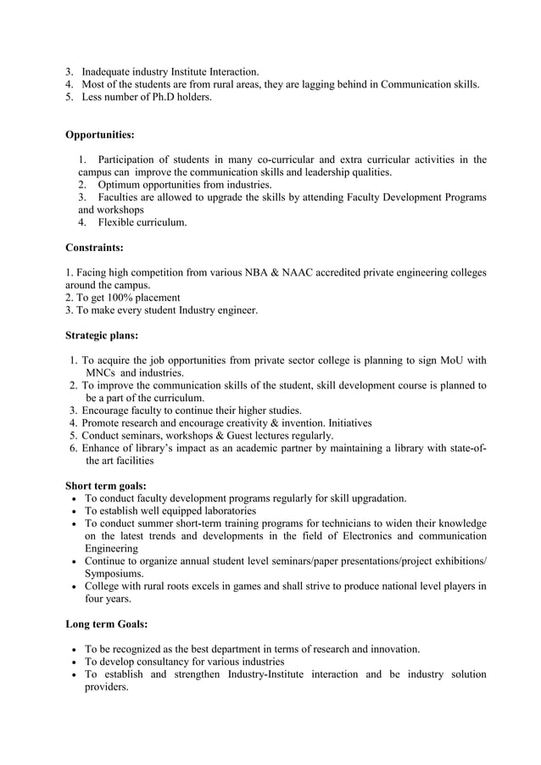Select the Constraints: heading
(x=94, y=248)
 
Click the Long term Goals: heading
(x=107, y=624)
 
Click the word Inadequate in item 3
(x=110, y=71)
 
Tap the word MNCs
(x=101, y=372)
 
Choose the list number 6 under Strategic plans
(x=75, y=449)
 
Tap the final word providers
(x=107, y=687)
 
